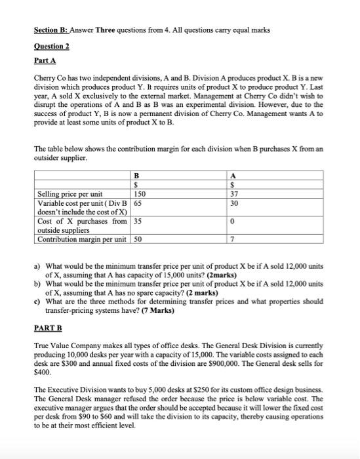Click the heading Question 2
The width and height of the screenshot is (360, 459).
tap(52, 47)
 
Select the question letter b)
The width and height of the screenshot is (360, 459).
tap(37, 283)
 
